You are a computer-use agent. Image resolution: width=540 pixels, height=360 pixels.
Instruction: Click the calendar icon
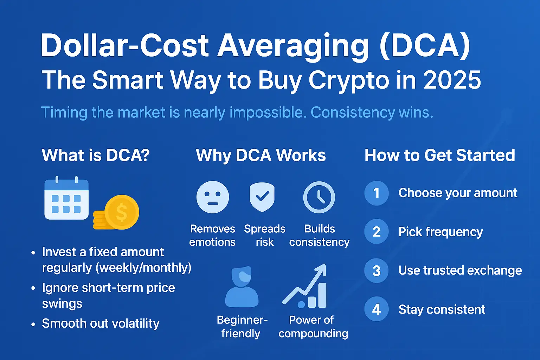pos(66,198)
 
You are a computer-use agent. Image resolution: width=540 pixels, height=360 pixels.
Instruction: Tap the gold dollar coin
pos(122,212)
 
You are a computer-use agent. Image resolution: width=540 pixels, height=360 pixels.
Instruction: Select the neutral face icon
pos(213,197)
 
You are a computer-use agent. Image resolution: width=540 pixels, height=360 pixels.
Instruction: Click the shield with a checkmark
pos(262,197)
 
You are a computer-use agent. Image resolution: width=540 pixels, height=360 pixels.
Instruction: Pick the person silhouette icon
pos(242,287)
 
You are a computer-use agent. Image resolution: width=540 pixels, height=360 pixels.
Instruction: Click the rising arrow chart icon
pos(304,286)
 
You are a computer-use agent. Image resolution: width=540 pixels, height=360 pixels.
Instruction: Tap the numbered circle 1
pos(376,193)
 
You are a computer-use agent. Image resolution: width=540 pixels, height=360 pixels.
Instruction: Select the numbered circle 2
pos(376,231)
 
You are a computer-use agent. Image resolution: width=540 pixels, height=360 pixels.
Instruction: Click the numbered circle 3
pos(376,270)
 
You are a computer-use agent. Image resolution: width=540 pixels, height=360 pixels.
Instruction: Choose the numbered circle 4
pos(376,309)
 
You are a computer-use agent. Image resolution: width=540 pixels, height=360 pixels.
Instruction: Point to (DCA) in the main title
pos(425,46)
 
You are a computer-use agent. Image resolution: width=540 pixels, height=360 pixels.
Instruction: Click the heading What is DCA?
pos(96,155)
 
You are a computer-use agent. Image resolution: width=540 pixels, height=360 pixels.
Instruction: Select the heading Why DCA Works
pos(261,155)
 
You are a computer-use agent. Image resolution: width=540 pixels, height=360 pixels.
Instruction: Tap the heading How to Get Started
pos(440,155)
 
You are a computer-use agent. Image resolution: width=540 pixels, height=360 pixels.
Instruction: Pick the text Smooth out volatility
pos(101,323)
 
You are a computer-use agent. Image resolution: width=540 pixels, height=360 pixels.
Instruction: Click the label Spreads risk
pos(265,235)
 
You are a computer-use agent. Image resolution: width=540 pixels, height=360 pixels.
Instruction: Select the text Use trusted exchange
pos(460,270)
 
